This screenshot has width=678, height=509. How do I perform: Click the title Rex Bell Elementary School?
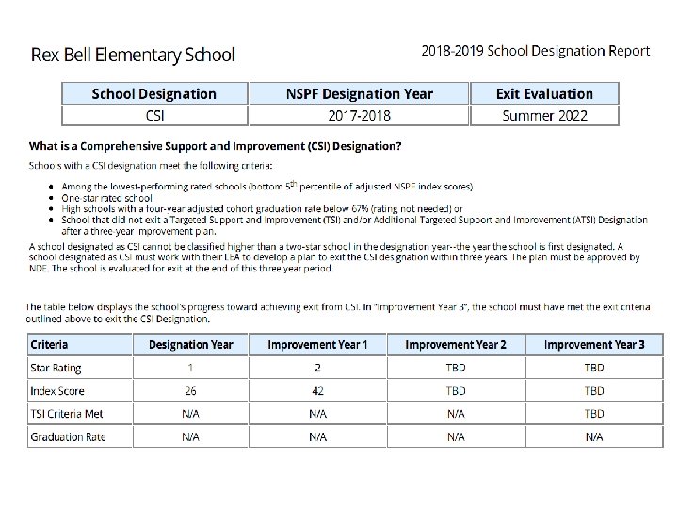pyautogui.click(x=133, y=55)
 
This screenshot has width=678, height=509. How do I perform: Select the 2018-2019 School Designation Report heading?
pyautogui.click(x=535, y=51)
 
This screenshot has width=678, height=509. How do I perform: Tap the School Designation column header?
pyautogui.click(x=153, y=93)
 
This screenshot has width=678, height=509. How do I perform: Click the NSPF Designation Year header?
pyautogui.click(x=359, y=93)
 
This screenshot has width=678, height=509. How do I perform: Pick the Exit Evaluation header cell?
pyautogui.click(x=544, y=93)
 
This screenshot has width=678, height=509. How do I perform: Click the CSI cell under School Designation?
pyautogui.click(x=153, y=116)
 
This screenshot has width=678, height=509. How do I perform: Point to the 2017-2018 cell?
pyautogui.click(x=359, y=116)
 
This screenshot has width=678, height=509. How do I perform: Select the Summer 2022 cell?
pyautogui.click(x=544, y=116)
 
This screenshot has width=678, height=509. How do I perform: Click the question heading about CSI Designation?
pyautogui.click(x=216, y=146)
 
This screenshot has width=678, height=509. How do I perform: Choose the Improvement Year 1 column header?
pyautogui.click(x=317, y=344)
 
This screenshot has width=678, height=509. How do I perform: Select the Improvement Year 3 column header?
pyautogui.click(x=594, y=344)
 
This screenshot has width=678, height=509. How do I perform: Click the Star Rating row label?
pyautogui.click(x=56, y=368)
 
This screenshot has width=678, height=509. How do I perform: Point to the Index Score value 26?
pyautogui.click(x=190, y=391)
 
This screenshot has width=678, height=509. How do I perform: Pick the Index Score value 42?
pyautogui.click(x=317, y=391)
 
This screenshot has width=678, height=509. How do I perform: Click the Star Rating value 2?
pyautogui.click(x=317, y=368)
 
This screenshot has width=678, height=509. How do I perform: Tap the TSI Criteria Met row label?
pyautogui.click(x=67, y=414)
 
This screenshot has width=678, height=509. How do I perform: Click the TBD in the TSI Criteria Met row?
pyautogui.click(x=594, y=414)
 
